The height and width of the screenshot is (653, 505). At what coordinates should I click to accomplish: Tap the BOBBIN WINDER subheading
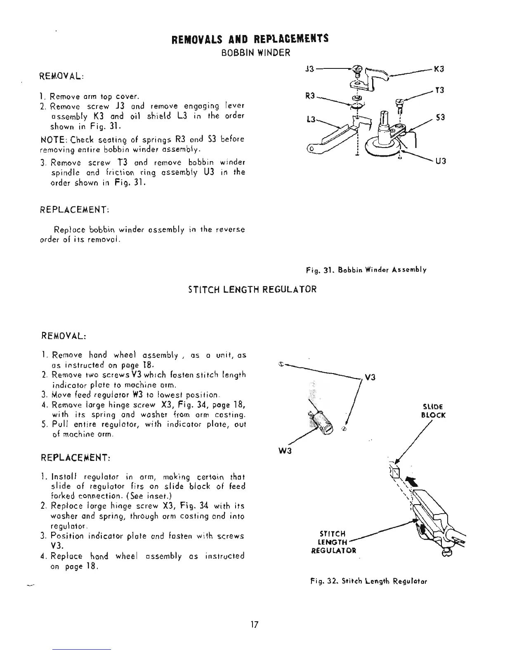point(256,53)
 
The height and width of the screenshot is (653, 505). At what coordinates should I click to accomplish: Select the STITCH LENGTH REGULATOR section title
point(252,289)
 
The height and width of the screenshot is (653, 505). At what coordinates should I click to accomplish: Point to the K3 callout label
point(439,69)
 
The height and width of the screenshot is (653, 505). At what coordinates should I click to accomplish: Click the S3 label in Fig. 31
point(440,118)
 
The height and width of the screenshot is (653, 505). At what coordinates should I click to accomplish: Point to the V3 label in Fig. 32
point(370,378)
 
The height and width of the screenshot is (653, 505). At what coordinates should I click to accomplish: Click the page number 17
point(254,625)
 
